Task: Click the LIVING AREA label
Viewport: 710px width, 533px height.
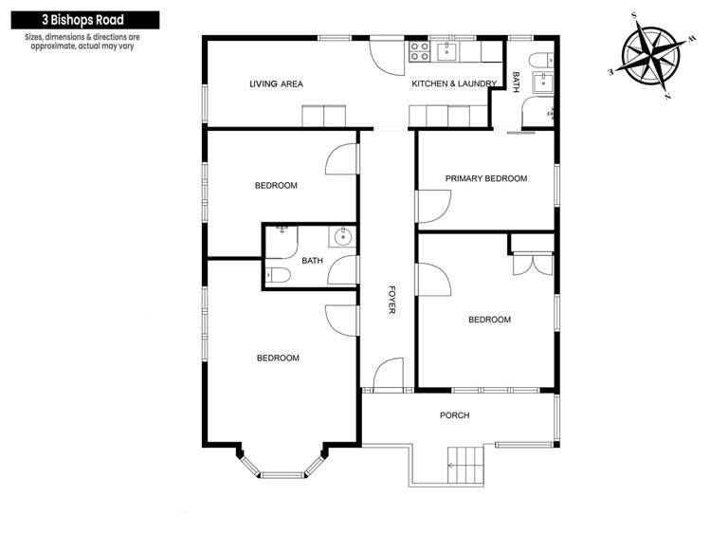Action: pyautogui.click(x=276, y=84)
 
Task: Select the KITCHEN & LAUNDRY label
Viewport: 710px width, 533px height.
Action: pyautogui.click(x=453, y=84)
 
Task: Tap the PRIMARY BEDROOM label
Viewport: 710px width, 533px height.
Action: pyautogui.click(x=486, y=178)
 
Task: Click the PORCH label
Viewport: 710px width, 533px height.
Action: pyautogui.click(x=454, y=415)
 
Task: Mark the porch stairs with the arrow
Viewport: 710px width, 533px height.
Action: pyautogui.click(x=464, y=465)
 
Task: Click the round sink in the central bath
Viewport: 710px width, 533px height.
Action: pyautogui.click(x=341, y=237)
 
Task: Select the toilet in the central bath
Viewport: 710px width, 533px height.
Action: pyautogui.click(x=277, y=274)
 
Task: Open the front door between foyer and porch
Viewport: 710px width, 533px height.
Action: pyautogui.click(x=389, y=375)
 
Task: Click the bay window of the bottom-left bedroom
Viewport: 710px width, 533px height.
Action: pyautogui.click(x=282, y=468)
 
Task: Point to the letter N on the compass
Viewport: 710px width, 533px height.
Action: pyautogui.click(x=668, y=97)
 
